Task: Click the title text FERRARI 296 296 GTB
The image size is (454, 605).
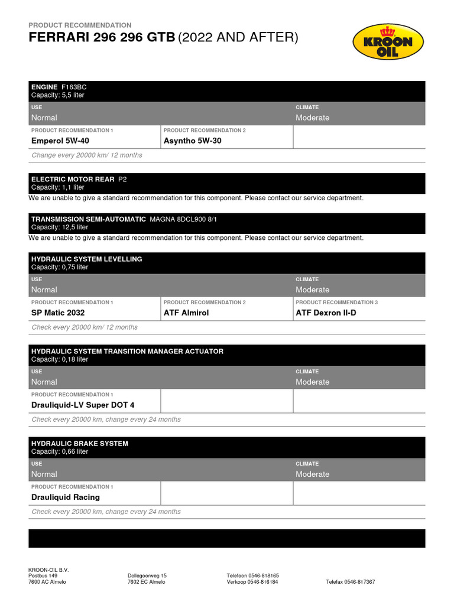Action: coord(102,38)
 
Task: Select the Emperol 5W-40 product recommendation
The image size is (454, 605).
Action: coord(60,141)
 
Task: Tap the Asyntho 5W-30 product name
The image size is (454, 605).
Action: coord(192,141)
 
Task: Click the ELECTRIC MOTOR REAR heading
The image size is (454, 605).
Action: coord(73,178)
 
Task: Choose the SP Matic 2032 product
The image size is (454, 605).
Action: coord(58,313)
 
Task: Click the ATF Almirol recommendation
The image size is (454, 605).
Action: coord(186,313)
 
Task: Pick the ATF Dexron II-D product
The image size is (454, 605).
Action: coord(326,313)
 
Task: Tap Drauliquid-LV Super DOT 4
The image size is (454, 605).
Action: coord(83,405)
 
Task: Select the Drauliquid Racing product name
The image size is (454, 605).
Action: coord(66,497)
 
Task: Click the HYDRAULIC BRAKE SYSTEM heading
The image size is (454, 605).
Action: coord(79,443)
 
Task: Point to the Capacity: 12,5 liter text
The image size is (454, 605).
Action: coord(60,227)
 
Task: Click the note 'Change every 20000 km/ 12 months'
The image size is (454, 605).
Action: coord(86,155)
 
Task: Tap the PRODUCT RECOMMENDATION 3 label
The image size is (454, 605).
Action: coord(336,302)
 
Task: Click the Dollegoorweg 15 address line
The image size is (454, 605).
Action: coord(147,575)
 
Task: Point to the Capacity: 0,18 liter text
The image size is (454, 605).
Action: coord(60,359)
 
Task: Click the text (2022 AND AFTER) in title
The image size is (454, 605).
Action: coord(238,38)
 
